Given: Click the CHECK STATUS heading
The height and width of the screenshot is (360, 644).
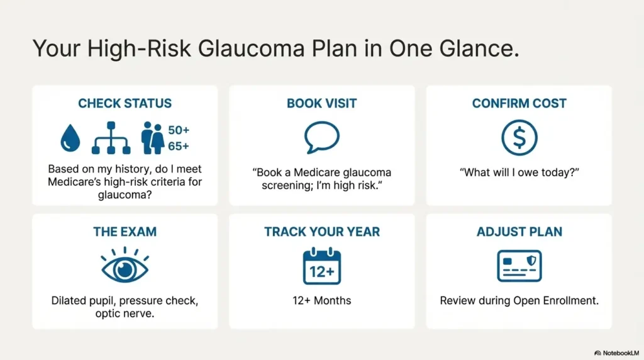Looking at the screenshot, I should [x=125, y=103].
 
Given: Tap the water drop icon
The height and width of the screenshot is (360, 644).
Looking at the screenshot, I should [x=70, y=137].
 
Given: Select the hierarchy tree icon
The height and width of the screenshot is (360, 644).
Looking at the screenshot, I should [x=111, y=138].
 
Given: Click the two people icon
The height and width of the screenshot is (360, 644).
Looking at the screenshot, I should [x=152, y=138].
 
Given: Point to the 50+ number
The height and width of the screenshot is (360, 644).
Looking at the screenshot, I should [x=179, y=130].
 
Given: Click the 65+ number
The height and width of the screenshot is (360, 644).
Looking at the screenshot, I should [x=179, y=147].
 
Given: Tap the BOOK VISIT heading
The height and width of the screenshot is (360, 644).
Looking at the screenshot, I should [x=322, y=103].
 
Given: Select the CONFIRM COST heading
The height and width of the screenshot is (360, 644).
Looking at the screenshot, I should [x=519, y=103].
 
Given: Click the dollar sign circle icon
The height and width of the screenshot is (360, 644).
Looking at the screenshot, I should [x=519, y=137].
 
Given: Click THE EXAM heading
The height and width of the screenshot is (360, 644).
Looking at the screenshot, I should [x=125, y=232].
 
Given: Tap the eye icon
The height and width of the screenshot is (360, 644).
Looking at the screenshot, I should [x=125, y=266].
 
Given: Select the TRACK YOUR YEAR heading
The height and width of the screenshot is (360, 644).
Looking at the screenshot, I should [x=322, y=232].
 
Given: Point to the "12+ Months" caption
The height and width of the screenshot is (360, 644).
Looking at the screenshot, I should [x=322, y=300].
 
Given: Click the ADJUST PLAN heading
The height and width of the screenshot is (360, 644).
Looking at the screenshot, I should [x=519, y=232].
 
